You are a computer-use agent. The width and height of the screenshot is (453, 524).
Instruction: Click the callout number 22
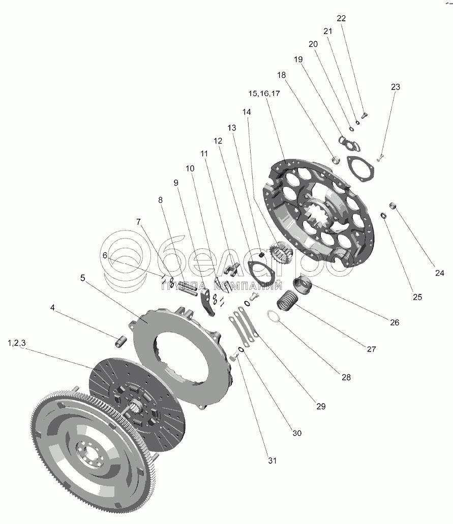tap(341, 18)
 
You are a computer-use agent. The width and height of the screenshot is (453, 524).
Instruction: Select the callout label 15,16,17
tap(264, 94)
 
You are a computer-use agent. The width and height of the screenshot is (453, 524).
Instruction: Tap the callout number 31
tap(273, 460)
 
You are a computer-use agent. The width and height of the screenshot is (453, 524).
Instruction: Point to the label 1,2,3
tap(17, 343)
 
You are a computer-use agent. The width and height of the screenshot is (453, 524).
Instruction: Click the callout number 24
tap(440, 273)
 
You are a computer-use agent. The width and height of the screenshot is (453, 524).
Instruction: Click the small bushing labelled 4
tap(120, 341)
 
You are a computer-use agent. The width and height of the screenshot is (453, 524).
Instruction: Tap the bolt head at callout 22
tap(364, 115)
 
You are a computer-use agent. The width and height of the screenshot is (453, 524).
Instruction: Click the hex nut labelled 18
tap(336, 159)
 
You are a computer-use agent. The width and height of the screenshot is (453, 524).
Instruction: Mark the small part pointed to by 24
tap(393, 205)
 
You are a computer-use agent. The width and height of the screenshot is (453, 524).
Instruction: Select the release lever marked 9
tap(208, 303)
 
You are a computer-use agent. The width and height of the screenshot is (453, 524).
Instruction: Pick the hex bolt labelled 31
tap(233, 358)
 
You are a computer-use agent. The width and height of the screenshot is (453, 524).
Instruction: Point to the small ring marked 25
tap(384, 215)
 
